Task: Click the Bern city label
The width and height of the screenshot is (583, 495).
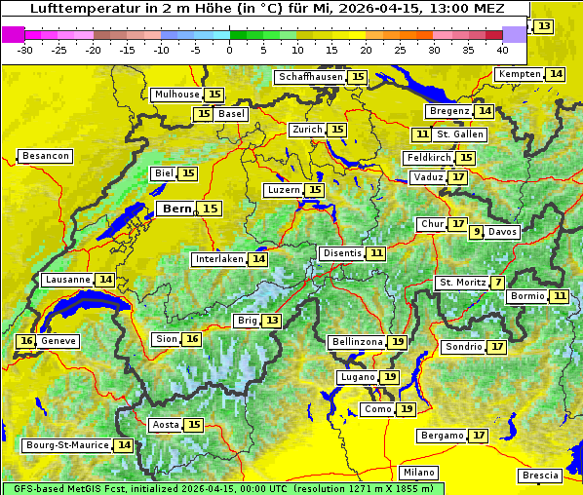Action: [x=176, y=209]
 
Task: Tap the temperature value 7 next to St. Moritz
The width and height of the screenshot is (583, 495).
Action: [x=498, y=283]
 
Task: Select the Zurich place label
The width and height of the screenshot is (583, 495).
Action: [x=307, y=130]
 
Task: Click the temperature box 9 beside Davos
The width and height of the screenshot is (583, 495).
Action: [x=477, y=232]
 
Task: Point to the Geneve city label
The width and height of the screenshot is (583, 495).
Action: [x=58, y=341]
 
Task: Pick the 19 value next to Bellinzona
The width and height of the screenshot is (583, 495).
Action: [x=397, y=342]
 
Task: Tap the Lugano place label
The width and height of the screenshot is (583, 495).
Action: [x=356, y=377]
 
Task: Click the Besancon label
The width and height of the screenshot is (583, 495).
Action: [x=46, y=156]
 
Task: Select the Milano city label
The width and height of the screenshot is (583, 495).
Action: [x=420, y=472]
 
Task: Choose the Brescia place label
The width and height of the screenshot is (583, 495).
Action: [x=540, y=476]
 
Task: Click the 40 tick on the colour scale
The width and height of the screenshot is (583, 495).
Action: [x=502, y=50]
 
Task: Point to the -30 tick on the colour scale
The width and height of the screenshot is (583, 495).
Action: [x=25, y=50]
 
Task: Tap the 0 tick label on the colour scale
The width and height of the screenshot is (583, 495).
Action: [x=229, y=50]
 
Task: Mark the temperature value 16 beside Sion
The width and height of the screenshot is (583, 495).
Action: [x=192, y=339]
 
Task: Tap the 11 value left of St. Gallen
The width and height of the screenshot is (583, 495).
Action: [x=421, y=134]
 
